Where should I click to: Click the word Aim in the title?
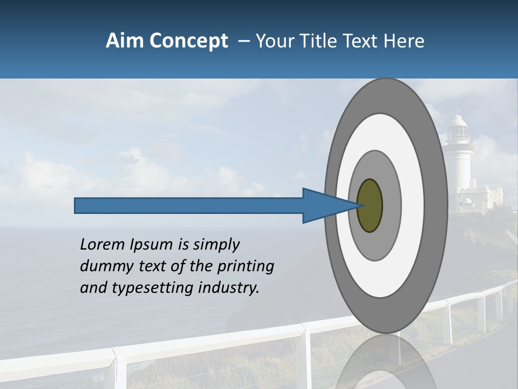(x=124, y=41)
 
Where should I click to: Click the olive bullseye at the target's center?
(x=370, y=205)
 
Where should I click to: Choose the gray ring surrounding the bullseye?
(x=392, y=205)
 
